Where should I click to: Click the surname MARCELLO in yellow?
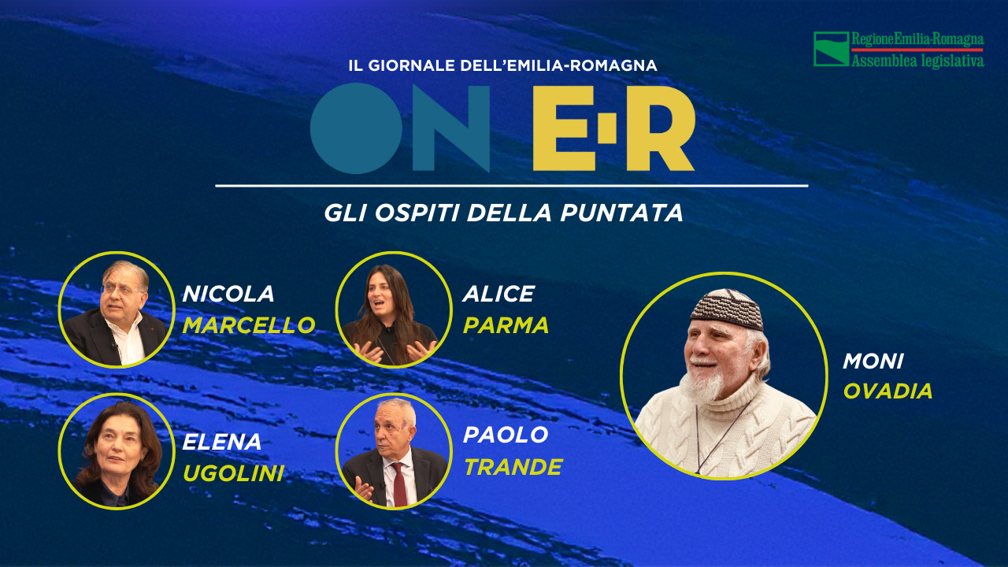point(248,325)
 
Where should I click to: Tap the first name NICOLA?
point(228,294)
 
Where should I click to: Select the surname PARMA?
point(506,325)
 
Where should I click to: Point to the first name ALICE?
point(498,294)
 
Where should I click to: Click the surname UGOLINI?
point(233,472)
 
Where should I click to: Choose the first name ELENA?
point(222,442)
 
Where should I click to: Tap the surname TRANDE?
point(513,467)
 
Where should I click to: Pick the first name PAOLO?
point(506,435)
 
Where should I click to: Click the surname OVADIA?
point(888,391)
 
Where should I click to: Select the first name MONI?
point(873,361)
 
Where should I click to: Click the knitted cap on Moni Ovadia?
point(727,309)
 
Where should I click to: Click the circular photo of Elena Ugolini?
point(116,450)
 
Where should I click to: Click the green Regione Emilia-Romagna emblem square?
point(831,49)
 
